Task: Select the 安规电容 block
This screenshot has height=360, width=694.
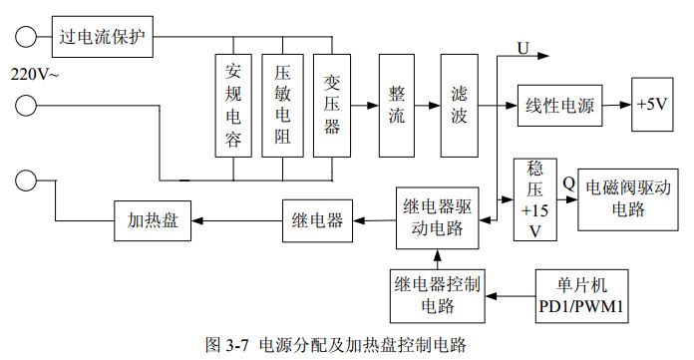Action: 233,105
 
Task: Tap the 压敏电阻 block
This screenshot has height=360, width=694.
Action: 282,105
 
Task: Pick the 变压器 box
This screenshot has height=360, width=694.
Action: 332,105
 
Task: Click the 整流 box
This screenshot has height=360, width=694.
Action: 396,105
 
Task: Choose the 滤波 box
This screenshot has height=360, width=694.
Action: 459,105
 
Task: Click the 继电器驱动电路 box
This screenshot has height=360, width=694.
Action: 438,216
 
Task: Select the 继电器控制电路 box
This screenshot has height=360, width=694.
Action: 437,294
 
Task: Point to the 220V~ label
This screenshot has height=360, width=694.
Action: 34,74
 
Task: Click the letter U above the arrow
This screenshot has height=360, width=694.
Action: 523,47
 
